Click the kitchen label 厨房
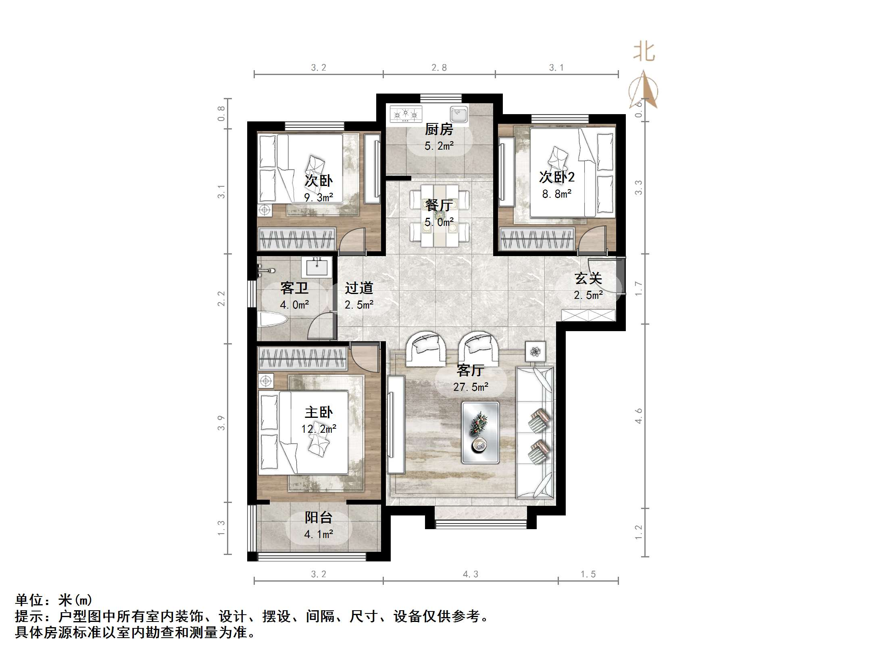point(439,129)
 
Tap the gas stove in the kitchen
point(406,115)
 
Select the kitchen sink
point(459,115)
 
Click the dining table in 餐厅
point(440,215)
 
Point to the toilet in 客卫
point(273,321)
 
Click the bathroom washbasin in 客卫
point(317,267)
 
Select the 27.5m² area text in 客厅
point(471,387)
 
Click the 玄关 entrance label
point(588,279)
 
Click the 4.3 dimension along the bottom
point(471,574)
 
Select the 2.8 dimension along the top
point(439,68)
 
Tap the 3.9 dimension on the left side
point(221,423)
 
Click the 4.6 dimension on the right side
point(638,416)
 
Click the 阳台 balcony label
point(318,517)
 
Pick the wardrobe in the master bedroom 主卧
point(302,359)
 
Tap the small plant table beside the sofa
point(535,352)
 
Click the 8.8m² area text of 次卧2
point(556,194)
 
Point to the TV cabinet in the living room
point(396,424)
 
